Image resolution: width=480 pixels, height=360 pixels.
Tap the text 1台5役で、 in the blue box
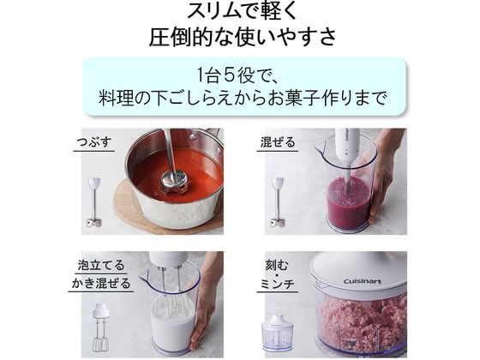click(239, 75)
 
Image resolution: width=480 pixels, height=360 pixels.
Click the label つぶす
click(93, 142)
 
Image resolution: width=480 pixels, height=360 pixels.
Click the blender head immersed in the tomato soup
click(174, 179)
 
